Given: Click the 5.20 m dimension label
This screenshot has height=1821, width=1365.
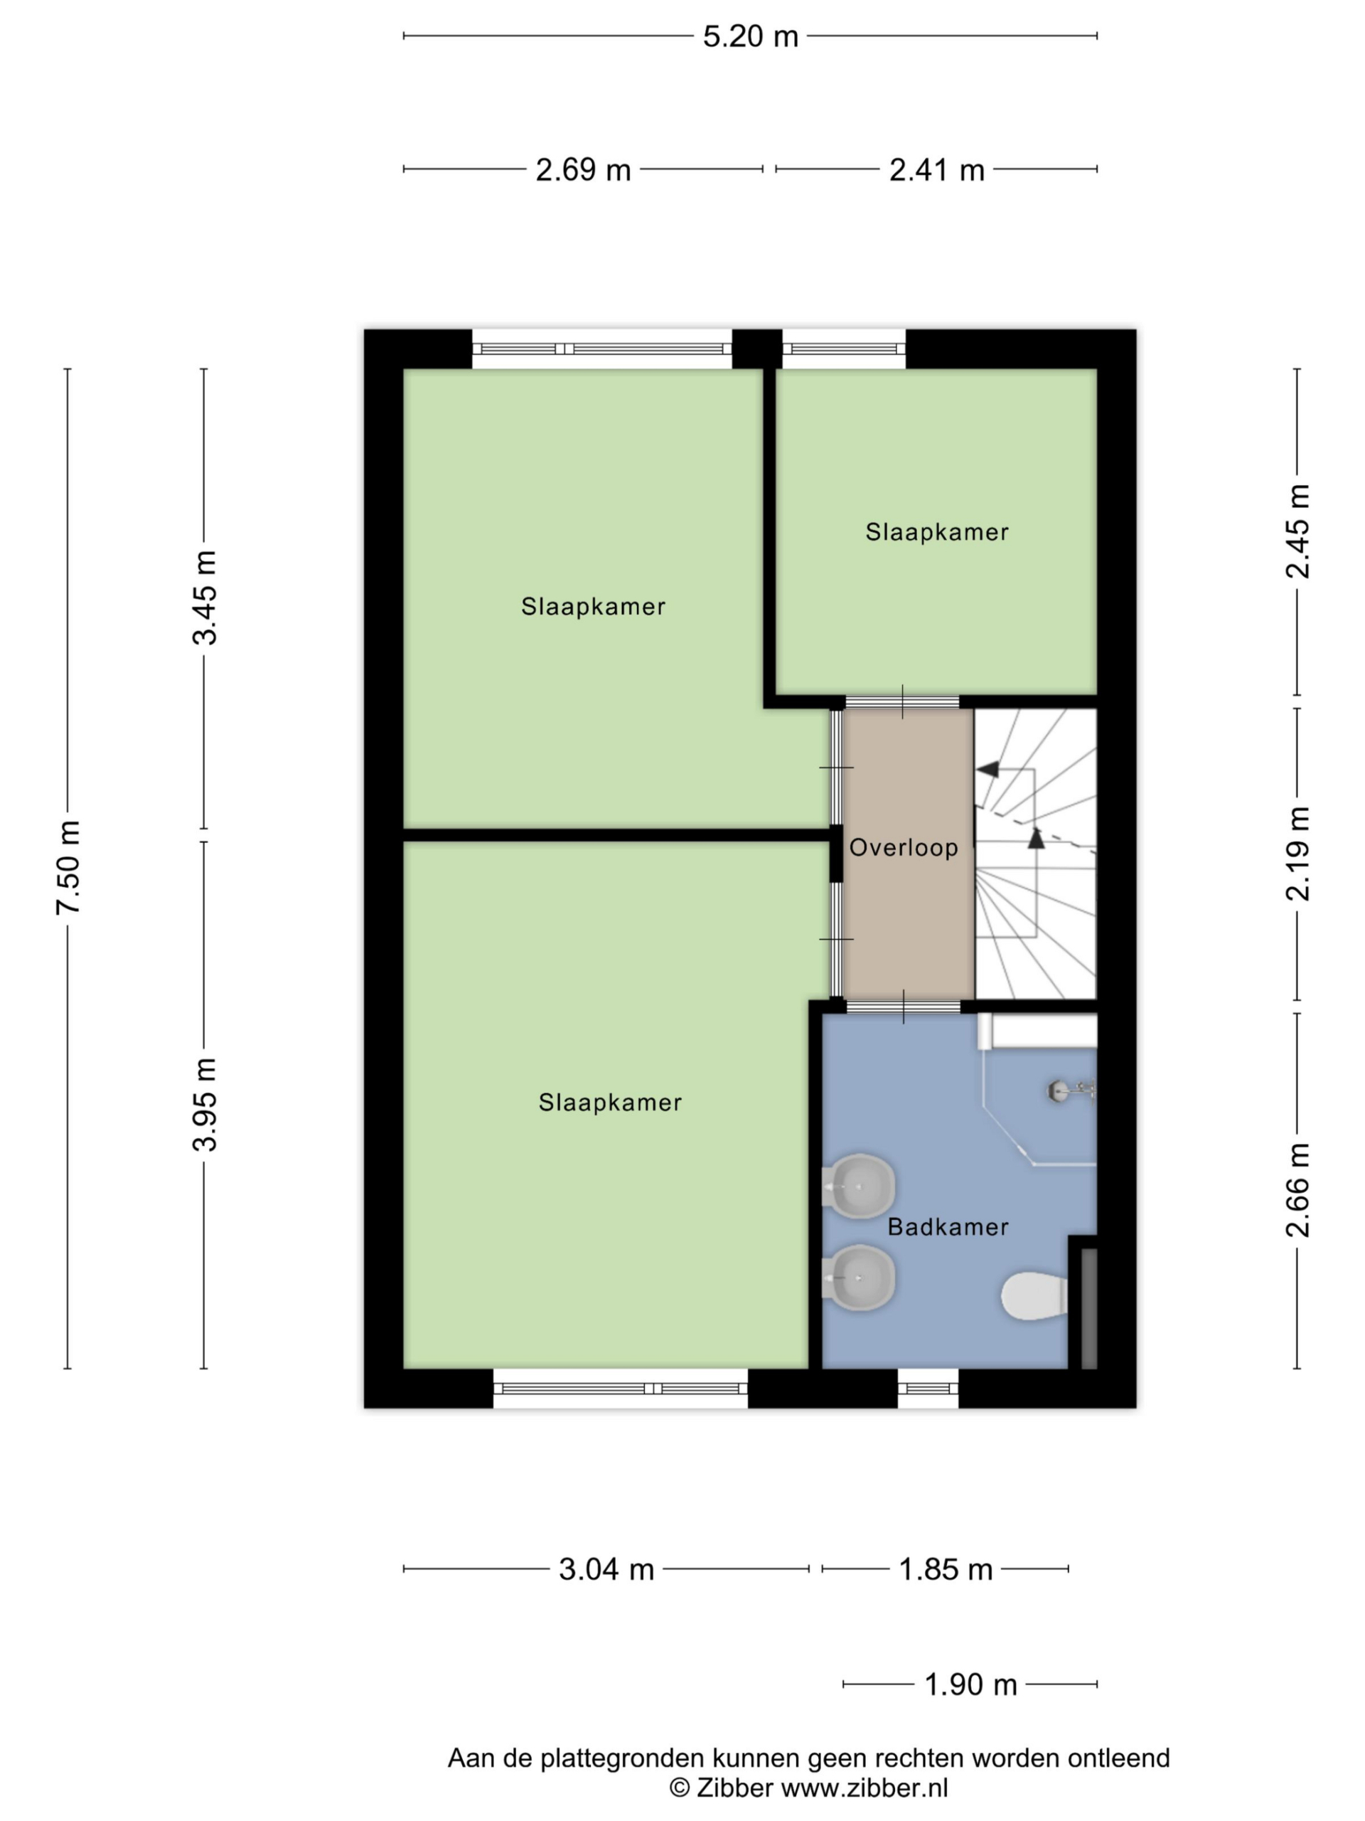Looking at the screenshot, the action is point(750,37).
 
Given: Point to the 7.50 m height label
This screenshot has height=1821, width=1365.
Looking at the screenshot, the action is point(68,867).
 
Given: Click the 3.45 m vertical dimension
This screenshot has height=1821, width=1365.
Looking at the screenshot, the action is point(204,598).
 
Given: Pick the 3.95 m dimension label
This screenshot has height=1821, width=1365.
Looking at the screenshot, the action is point(204,1105).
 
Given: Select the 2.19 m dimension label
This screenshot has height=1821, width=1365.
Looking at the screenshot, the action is point(1298,853).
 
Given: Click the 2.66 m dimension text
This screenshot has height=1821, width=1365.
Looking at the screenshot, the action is point(1298,1190).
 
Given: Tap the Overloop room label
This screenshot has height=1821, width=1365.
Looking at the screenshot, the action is point(904,848).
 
